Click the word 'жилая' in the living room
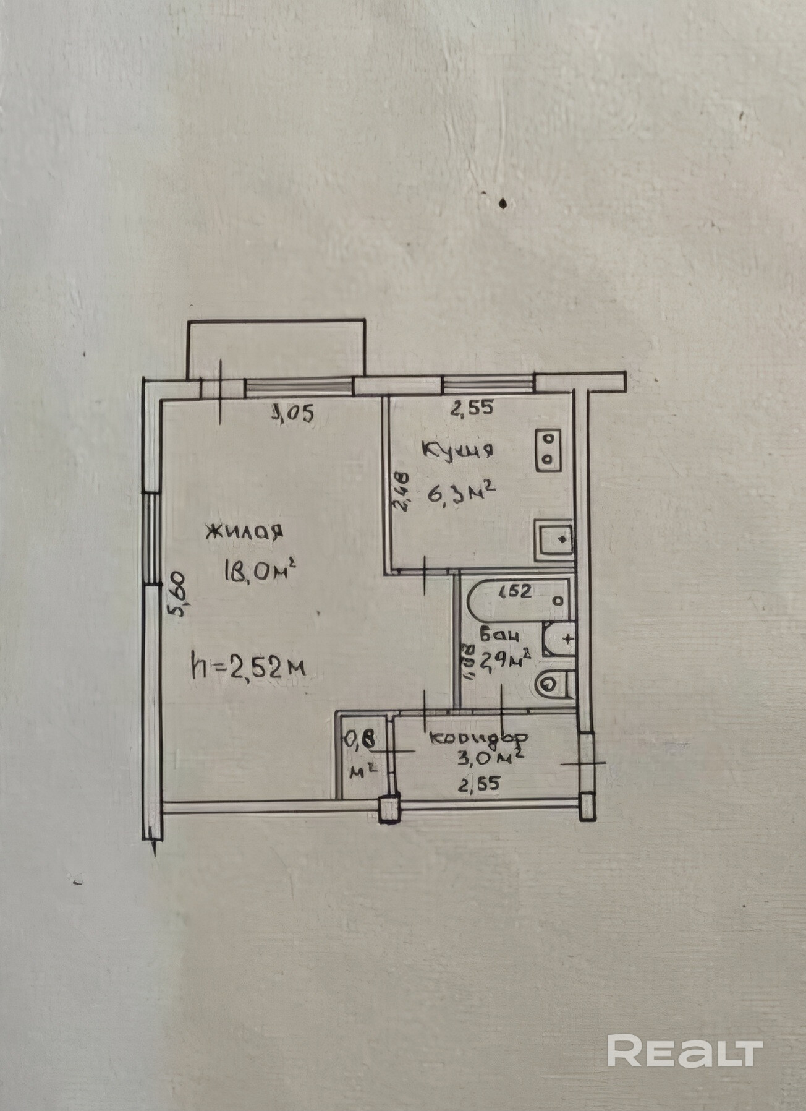(x=245, y=532)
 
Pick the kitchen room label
(x=457, y=451)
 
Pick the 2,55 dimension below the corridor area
(x=478, y=784)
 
